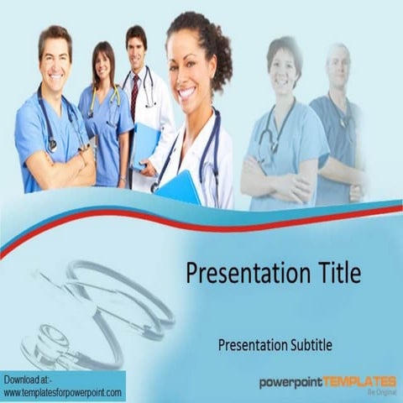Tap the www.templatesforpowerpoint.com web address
(63, 392)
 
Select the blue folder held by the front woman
(179, 187)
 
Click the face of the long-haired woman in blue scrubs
(102, 65)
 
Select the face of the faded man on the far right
(338, 67)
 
